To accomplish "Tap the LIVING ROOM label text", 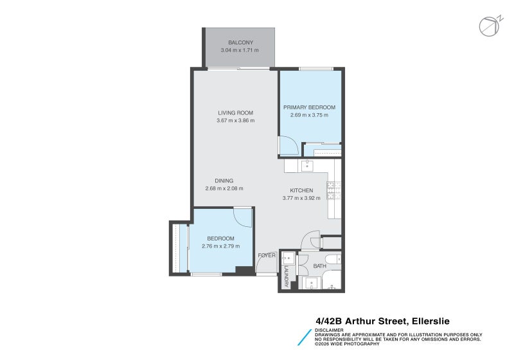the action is pos(235,113).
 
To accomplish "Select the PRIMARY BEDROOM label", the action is pos(309,107).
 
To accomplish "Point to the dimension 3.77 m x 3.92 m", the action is pos(301,198).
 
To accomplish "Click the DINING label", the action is pos(224,181).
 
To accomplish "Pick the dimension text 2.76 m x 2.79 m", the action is pos(220,246).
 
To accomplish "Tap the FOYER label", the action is pos(267,255).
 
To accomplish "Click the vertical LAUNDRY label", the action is pos(286,276).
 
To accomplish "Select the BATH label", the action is pos(319,266).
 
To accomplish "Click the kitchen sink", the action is pos(307,166).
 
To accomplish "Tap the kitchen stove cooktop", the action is pos(334,190).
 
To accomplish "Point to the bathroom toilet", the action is pos(335,259).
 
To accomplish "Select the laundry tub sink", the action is pos(288,258).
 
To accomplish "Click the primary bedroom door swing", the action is pos(288,145).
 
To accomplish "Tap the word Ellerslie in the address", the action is pos(430,321).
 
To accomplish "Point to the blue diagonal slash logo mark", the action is pos(305,337).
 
